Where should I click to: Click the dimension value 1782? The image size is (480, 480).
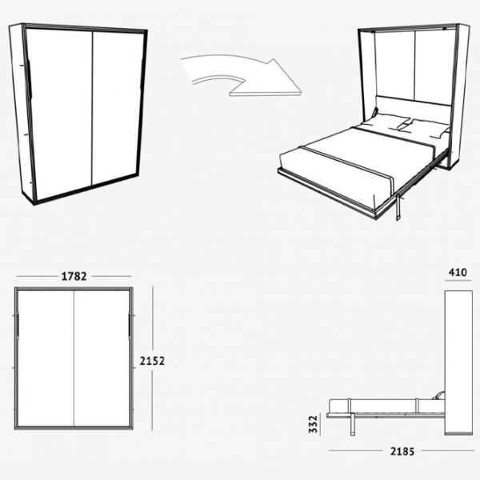click(x=74, y=276)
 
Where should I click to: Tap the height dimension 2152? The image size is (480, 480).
click(x=152, y=361)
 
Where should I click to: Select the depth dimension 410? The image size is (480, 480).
click(x=458, y=272)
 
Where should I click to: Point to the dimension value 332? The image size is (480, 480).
click(x=313, y=424)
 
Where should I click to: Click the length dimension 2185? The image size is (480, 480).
click(x=402, y=451)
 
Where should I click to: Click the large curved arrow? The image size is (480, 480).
click(x=242, y=75)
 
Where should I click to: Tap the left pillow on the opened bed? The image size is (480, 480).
click(x=386, y=122)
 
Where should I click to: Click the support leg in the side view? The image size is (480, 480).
click(x=353, y=424)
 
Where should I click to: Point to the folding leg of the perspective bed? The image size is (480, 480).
click(x=398, y=207)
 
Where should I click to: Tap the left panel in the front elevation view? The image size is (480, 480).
click(x=46, y=358)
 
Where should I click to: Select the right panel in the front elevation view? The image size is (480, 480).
click(x=102, y=358)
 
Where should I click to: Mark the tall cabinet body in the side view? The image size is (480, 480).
click(x=458, y=362)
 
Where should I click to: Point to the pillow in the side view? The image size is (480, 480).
click(x=438, y=395)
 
